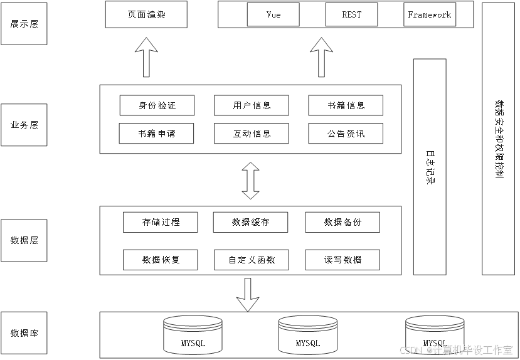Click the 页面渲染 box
(x=146, y=14)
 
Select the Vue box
(x=273, y=14)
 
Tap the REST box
(x=351, y=14)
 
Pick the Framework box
(x=430, y=14)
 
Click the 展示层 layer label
(x=24, y=24)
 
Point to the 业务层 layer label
(x=24, y=125)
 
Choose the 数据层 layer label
(x=24, y=240)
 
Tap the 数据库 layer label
(x=24, y=332)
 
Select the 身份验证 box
(x=157, y=105)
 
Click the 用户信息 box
(x=252, y=105)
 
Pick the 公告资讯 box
(x=346, y=134)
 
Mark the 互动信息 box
(x=252, y=134)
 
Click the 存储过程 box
(x=161, y=222)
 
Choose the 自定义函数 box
(x=251, y=260)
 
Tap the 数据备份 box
(x=342, y=222)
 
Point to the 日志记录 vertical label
(x=430, y=167)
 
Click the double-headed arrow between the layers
(x=251, y=181)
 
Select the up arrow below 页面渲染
(x=146, y=57)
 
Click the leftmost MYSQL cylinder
(x=193, y=334)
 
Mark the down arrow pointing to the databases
(x=248, y=294)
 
